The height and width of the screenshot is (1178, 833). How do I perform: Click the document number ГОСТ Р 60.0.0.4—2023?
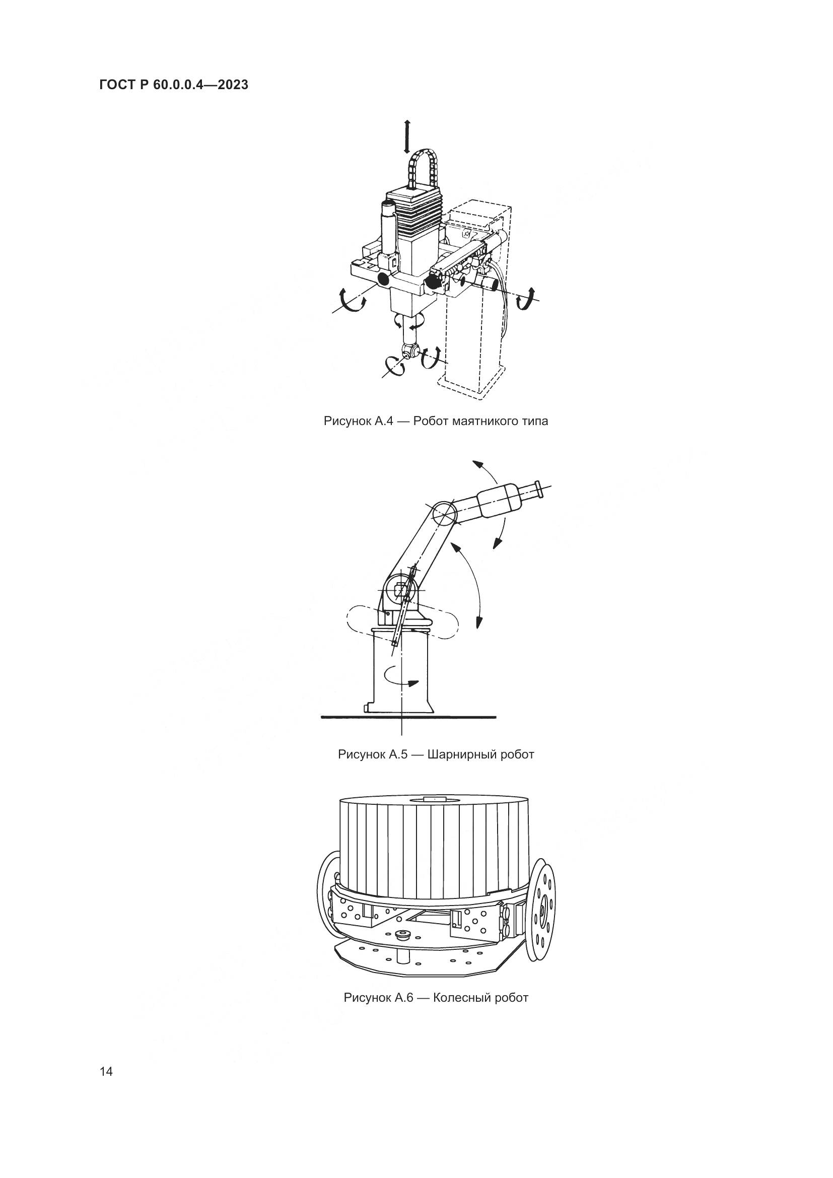pos(174,85)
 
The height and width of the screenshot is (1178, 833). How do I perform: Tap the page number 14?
pos(106,1072)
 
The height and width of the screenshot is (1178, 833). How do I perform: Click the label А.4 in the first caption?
pos(383,421)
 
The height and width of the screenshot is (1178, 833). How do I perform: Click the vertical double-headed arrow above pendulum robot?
pos(407,136)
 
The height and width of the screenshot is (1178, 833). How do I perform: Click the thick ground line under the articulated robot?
pos(408,717)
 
